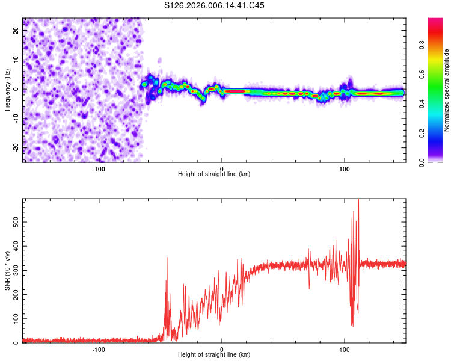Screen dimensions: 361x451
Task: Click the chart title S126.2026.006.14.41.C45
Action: (x=215, y=5)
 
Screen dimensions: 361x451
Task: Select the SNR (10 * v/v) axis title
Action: (x=7, y=271)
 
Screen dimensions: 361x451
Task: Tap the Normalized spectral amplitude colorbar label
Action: (x=446, y=90)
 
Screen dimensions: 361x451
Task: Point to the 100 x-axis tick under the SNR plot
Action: (x=345, y=350)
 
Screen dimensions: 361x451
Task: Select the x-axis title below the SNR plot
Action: (x=214, y=356)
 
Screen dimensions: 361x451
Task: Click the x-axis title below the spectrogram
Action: (x=214, y=174)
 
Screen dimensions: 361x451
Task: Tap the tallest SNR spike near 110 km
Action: (x=358, y=200)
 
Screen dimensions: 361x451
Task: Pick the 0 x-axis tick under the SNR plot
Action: (x=222, y=350)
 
